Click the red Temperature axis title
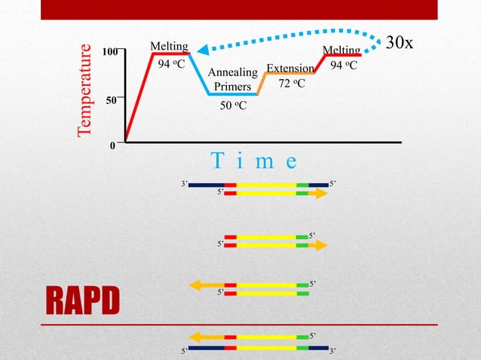[x=87, y=90]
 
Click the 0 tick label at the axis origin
[x=114, y=146]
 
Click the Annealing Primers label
[x=232, y=79]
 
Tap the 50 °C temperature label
[x=233, y=105]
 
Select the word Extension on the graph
[x=290, y=68]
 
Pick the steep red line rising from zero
[x=139, y=98]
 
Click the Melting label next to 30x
[x=341, y=50]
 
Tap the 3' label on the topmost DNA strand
[x=183, y=184]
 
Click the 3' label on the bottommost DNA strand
[x=334, y=351]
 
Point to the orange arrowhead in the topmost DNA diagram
[x=322, y=194]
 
